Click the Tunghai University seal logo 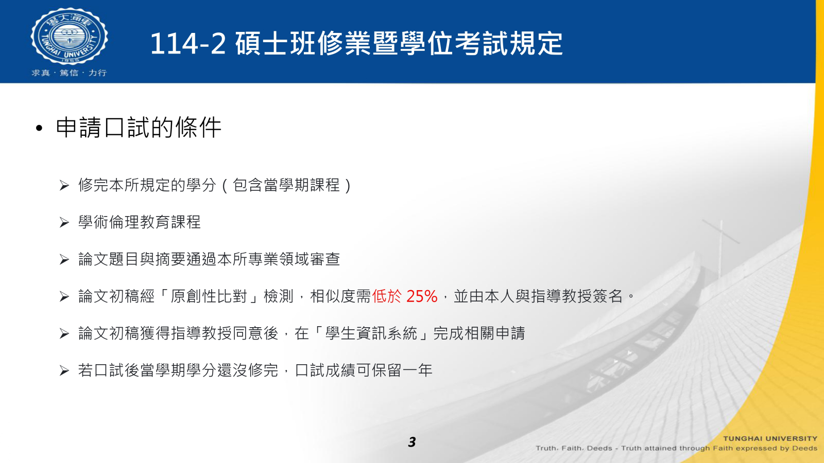[69, 36]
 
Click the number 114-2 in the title [188, 44]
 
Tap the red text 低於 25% [405, 296]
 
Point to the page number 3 [412, 442]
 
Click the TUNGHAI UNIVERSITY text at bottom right [770, 438]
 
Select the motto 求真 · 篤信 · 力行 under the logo [69, 73]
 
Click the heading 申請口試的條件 [139, 128]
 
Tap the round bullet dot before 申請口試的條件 [39, 129]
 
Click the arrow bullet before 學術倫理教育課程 [64, 222]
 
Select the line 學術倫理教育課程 [140, 222]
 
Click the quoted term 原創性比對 [208, 296]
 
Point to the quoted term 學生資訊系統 [371, 333]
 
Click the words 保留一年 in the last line [402, 370]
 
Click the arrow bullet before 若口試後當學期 [64, 371]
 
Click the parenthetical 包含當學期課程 [286, 185]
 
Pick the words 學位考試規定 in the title [480, 44]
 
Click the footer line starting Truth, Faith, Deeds [676, 448]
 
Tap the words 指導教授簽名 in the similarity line [576, 296]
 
